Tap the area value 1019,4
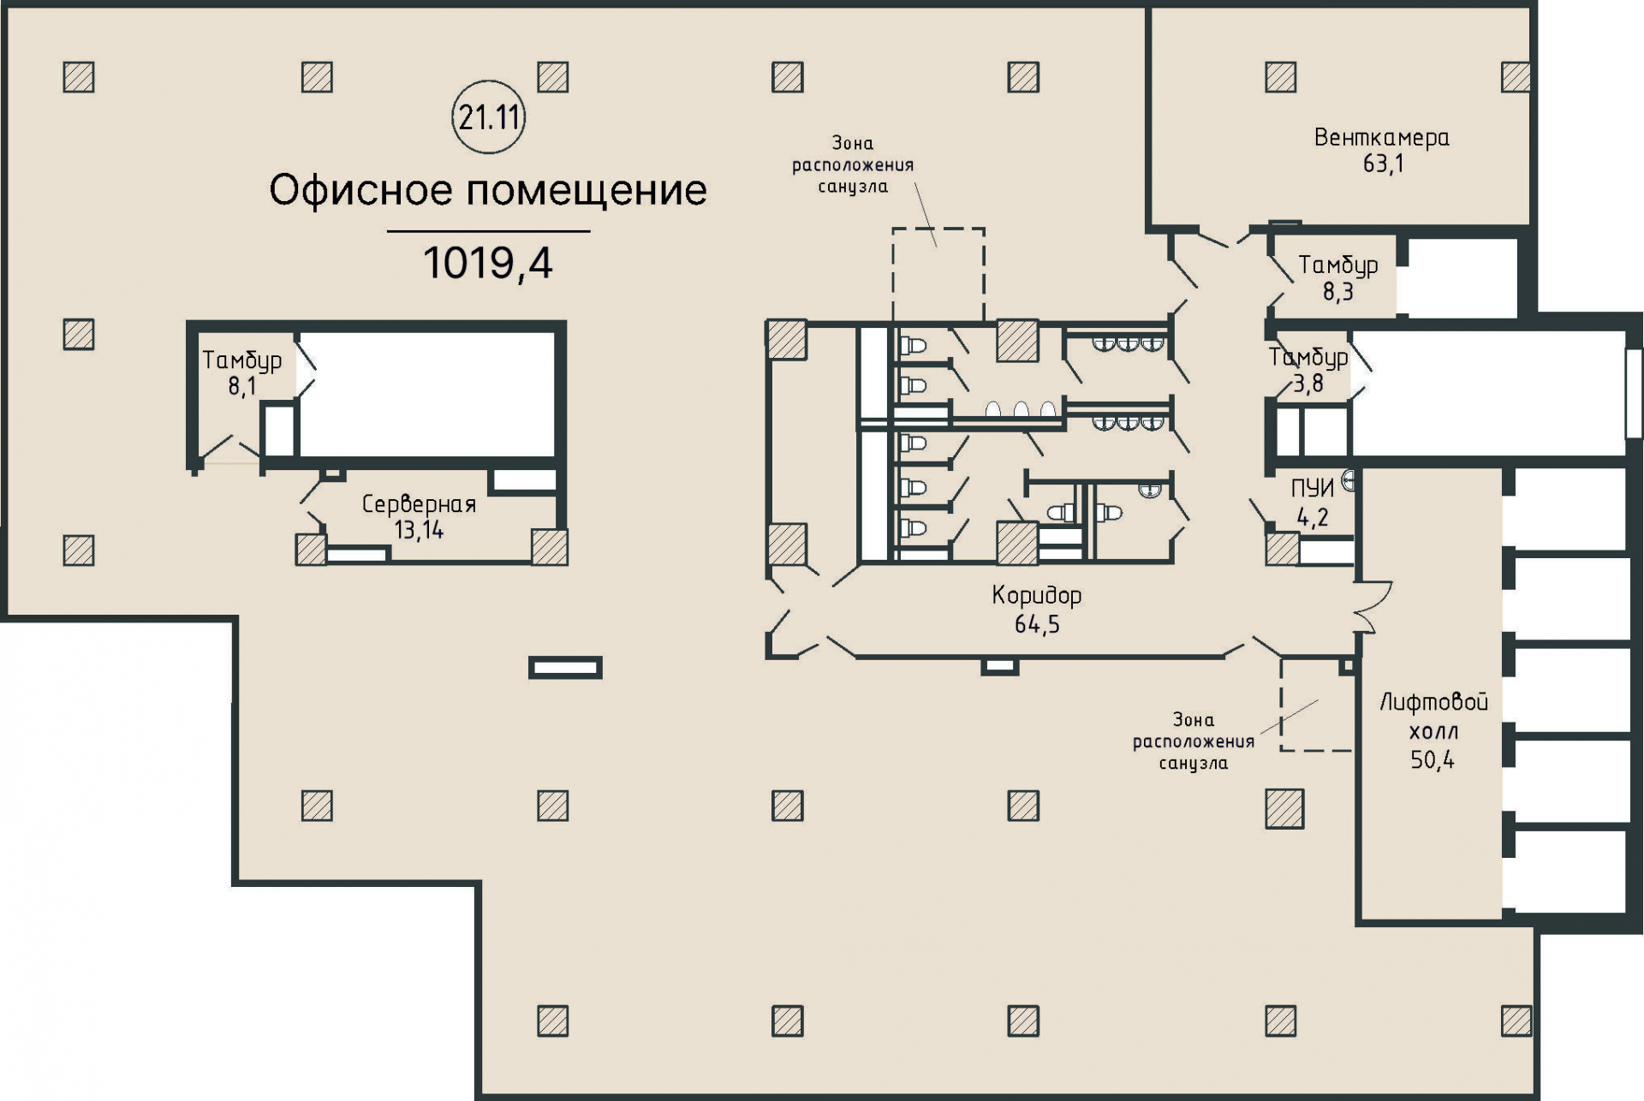488,263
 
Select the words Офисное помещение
488,190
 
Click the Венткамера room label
1381,138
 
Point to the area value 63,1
1383,164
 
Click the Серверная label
419,504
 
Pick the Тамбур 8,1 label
242,372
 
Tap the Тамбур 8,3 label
1337,277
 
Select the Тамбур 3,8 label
1307,369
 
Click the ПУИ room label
1312,489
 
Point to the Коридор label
1036,595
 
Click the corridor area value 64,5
1036,624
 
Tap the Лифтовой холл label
1433,717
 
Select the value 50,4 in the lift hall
1432,759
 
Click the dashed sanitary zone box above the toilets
938,274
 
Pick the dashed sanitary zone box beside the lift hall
1316,705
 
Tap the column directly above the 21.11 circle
552,77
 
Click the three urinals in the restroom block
1021,410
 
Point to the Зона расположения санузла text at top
852,164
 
